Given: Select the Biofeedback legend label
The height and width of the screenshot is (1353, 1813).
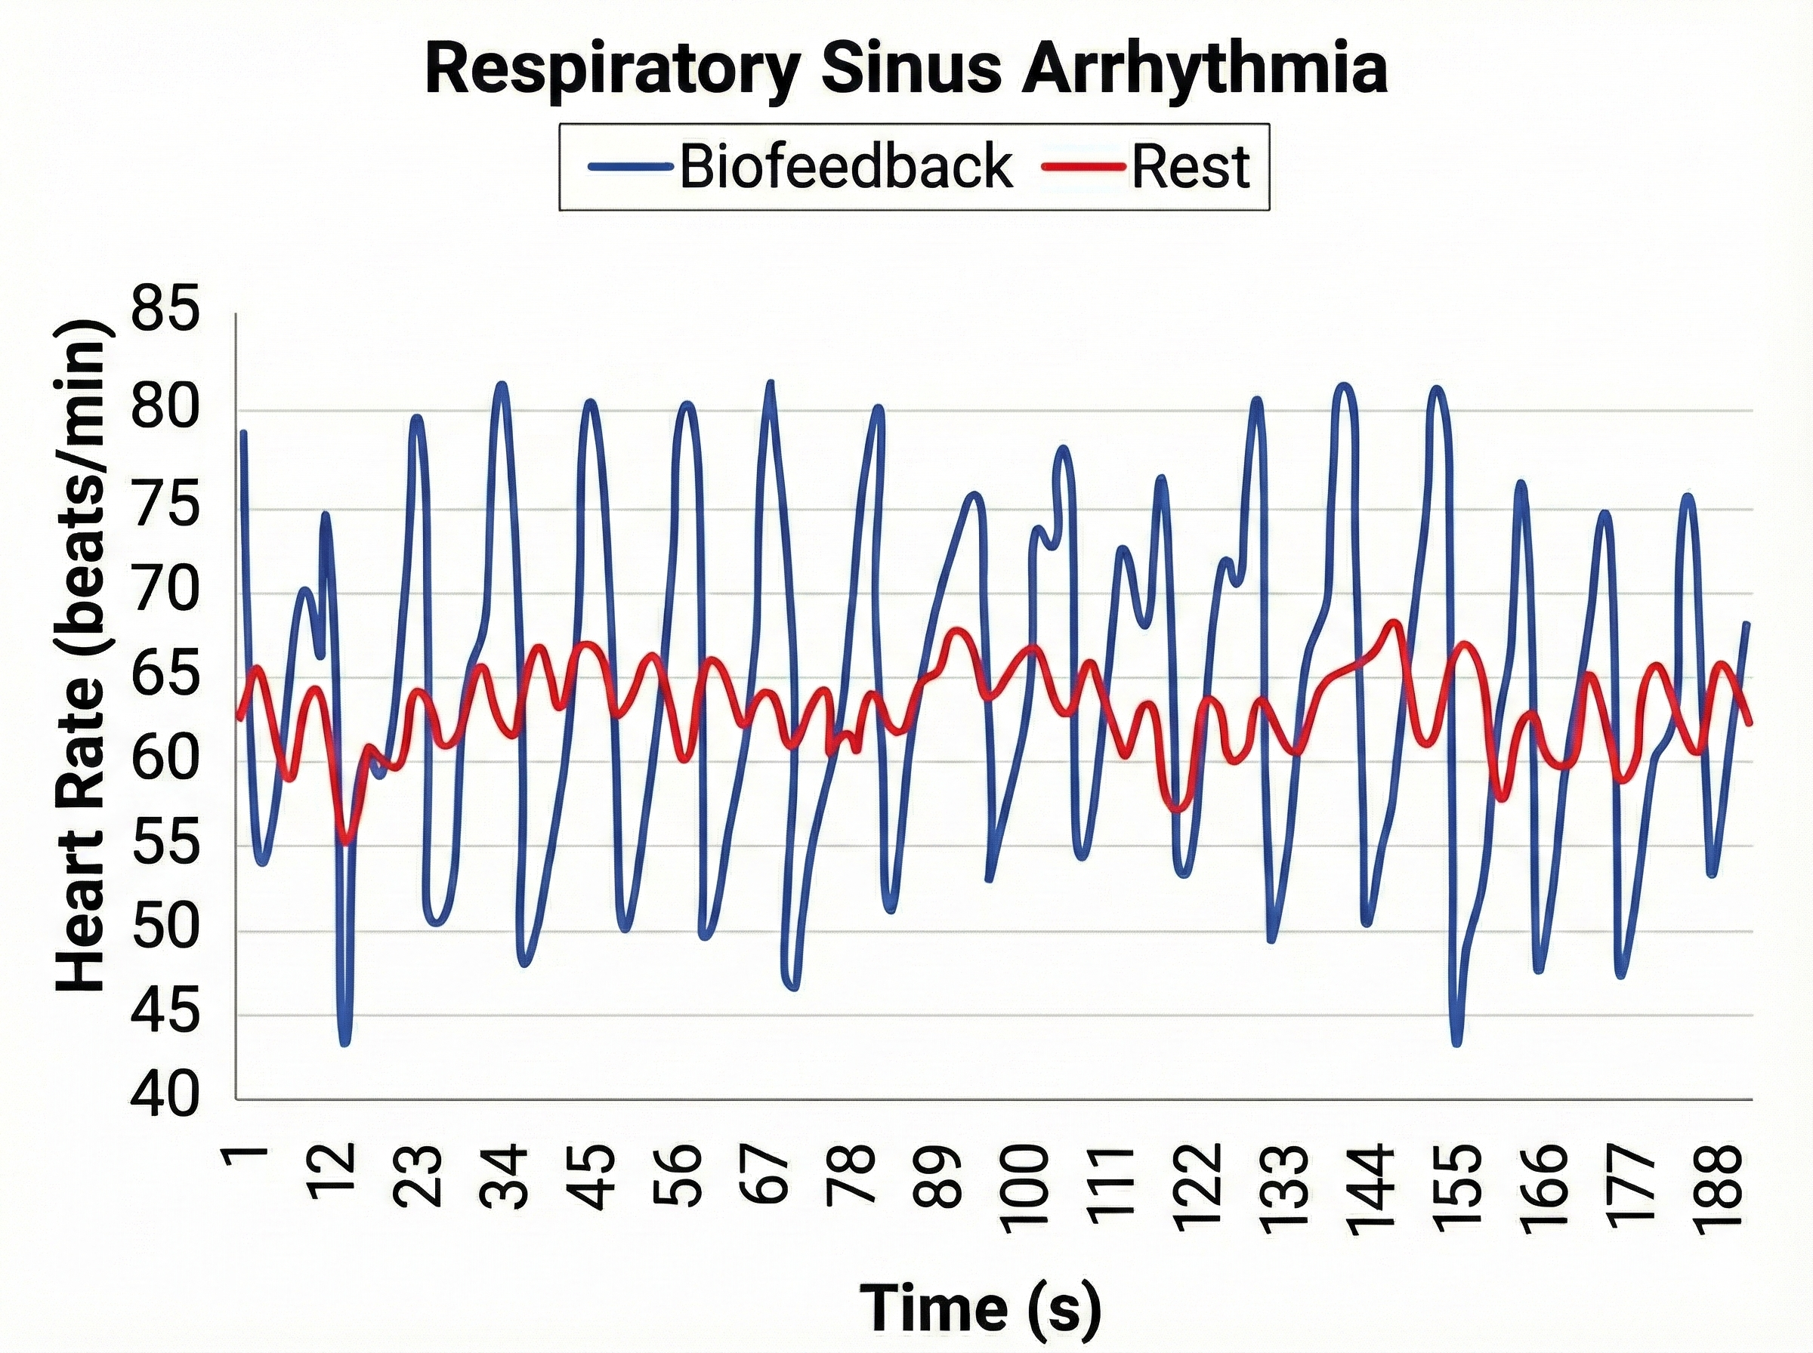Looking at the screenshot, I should pos(846,167).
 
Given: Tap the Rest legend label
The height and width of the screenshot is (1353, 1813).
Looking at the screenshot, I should pos(1191,167).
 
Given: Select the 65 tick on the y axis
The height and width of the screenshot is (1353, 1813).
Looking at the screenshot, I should pos(165,676).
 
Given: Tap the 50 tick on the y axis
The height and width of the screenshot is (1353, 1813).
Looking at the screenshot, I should pos(165,928).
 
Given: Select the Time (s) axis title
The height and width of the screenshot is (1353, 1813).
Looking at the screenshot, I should pos(980,1307).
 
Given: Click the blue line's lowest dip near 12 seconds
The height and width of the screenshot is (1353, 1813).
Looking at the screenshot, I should pos(345,1043).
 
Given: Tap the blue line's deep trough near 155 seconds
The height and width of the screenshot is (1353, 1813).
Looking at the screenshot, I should pos(1456,1043).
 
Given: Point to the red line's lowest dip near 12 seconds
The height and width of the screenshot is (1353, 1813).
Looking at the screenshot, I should pos(348,840).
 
